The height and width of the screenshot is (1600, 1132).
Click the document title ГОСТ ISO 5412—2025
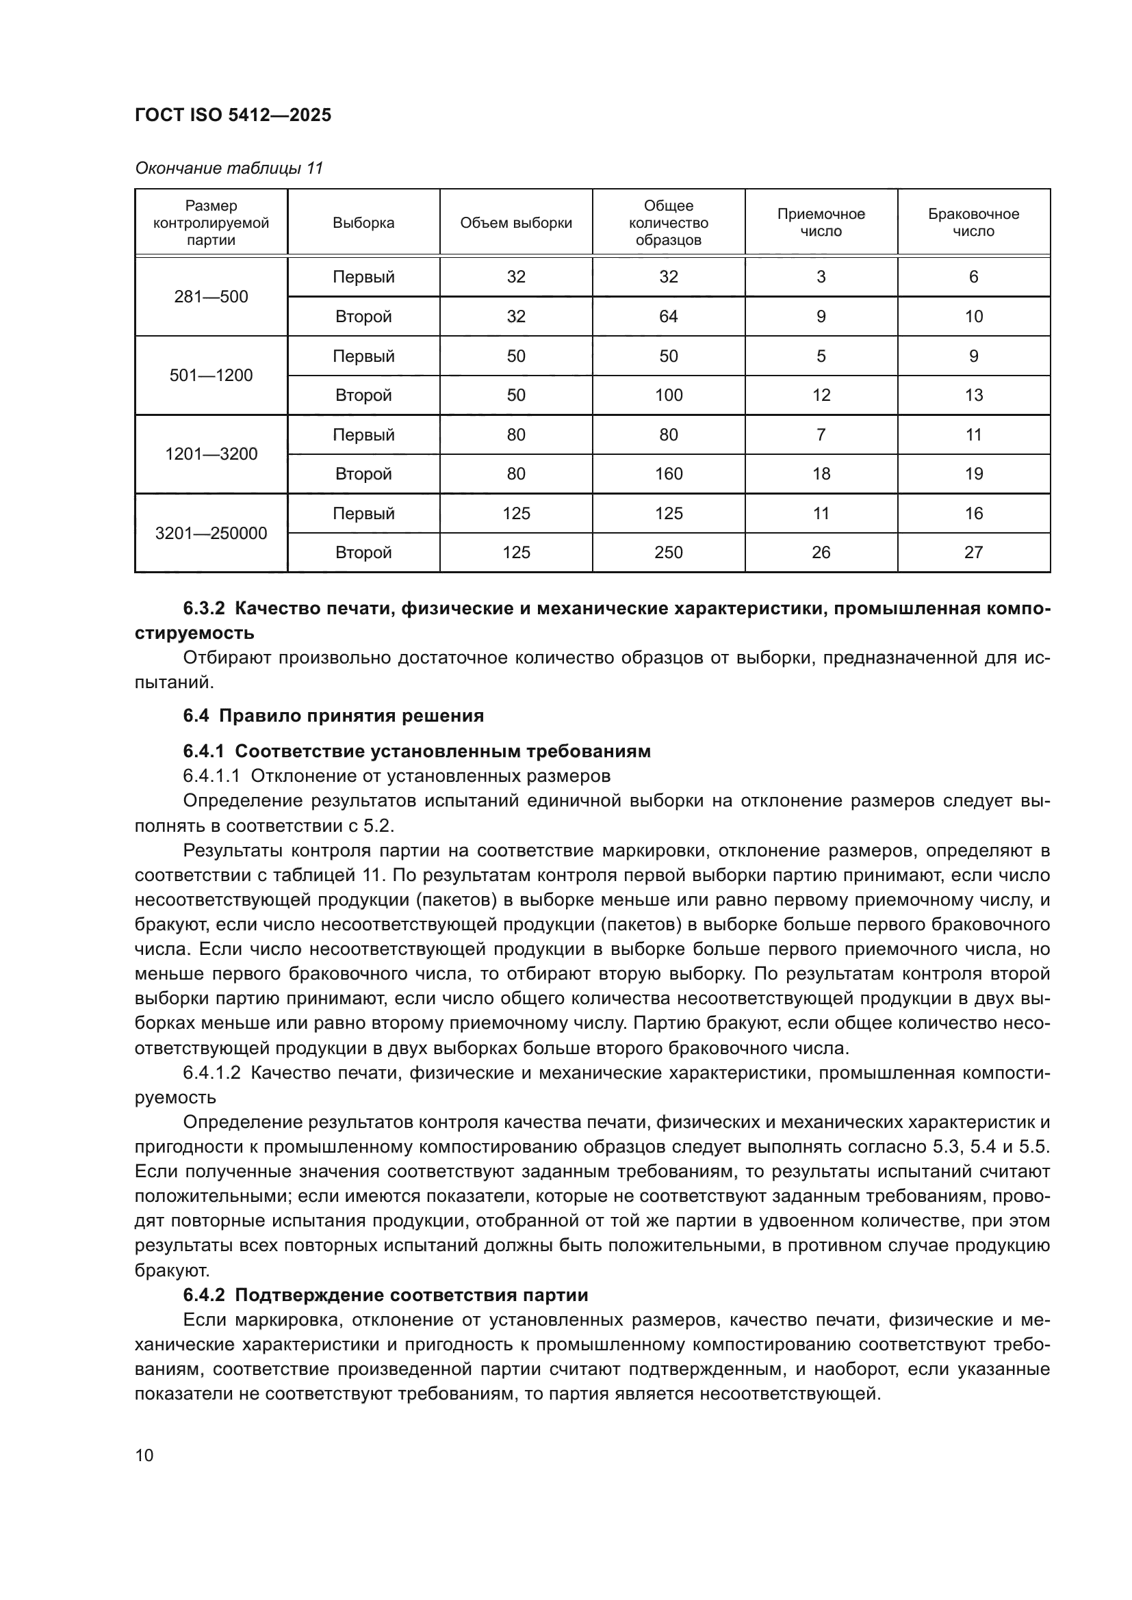(233, 115)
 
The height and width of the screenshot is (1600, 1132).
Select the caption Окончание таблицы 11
(229, 168)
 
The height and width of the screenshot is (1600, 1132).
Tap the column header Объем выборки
(516, 223)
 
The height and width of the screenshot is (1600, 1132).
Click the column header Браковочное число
(973, 222)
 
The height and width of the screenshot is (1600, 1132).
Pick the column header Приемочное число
(821, 222)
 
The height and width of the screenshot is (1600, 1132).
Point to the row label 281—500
(211, 297)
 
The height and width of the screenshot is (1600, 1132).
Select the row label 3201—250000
(211, 533)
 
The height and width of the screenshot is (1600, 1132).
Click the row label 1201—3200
(211, 454)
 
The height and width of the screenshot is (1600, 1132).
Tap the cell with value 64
(668, 317)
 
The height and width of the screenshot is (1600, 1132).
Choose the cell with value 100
(668, 395)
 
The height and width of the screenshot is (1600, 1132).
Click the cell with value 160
(668, 474)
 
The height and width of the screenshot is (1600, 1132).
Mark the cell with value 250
(668, 553)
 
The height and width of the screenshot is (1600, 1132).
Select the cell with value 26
(821, 553)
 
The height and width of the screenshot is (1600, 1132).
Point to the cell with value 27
(973, 553)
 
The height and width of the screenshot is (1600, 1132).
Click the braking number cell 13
(973, 395)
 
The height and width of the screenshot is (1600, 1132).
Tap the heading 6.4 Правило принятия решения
(333, 716)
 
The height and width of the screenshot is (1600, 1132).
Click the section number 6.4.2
(203, 1295)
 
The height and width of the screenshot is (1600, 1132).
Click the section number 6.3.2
(203, 608)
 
